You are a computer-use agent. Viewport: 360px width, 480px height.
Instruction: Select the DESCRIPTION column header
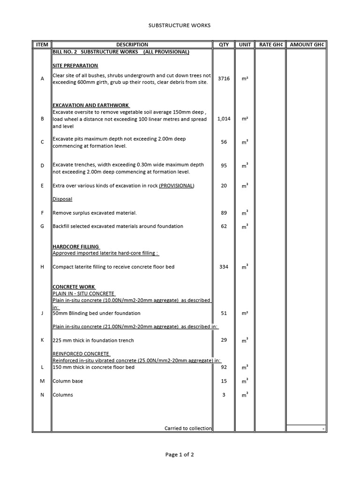pos(132,45)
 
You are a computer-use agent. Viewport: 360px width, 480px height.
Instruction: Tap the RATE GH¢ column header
pos(271,45)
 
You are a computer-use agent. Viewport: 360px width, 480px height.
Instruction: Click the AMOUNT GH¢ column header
pos(307,45)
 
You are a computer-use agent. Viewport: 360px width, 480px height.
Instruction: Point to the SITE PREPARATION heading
pos(75,66)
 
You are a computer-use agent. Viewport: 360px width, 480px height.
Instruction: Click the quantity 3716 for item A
pos(224,79)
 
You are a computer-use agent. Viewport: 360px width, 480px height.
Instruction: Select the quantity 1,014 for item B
pos(224,119)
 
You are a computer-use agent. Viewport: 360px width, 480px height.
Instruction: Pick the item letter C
pos(42,142)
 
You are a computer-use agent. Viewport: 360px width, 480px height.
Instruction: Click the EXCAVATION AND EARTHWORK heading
pos(91,105)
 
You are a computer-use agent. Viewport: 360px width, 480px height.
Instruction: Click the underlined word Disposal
pos(62,199)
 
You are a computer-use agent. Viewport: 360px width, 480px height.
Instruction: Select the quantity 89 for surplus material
pos(224,213)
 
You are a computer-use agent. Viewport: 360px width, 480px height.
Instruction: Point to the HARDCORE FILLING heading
pos(76,247)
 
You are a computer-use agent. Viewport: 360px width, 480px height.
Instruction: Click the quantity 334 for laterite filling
pos(224,267)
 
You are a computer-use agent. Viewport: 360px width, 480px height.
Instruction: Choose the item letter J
pos(42,313)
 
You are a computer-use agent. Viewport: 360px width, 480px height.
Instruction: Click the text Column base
pos(65,381)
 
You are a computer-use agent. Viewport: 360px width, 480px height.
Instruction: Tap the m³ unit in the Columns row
pos(245,395)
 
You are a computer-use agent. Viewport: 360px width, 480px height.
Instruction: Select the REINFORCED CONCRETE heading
pos(81,353)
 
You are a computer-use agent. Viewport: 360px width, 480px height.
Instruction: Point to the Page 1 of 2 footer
pos(180,455)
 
